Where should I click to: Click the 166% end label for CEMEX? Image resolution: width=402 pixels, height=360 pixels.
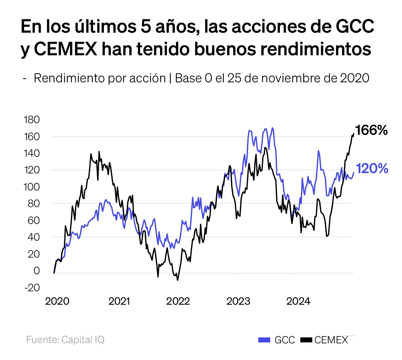click(372, 130)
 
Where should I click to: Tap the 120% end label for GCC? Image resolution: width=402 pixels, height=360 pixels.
click(372, 169)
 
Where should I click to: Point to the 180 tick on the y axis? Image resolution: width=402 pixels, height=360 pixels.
click(32, 120)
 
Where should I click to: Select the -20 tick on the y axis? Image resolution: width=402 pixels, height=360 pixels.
click(32, 287)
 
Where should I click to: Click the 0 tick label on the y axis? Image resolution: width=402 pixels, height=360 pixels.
click(36, 271)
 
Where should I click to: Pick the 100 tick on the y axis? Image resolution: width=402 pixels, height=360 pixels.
click(32, 187)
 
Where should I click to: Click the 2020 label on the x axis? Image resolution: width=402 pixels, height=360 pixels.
click(57, 301)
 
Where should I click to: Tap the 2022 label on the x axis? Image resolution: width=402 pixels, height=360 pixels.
click(178, 301)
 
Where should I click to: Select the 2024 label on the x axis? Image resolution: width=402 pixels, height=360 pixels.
click(298, 301)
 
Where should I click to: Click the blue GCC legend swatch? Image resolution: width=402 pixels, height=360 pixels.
click(264, 340)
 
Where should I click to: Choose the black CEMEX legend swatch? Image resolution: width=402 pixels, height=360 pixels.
click(306, 340)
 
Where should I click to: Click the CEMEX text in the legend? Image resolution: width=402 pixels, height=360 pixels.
click(331, 340)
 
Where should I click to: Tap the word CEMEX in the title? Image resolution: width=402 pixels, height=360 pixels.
click(65, 49)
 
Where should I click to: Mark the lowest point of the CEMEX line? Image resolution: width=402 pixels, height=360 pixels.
click(177, 280)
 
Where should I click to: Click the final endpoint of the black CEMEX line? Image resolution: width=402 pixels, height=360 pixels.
click(354, 134)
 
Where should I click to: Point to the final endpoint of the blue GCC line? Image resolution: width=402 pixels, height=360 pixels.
click(354, 172)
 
